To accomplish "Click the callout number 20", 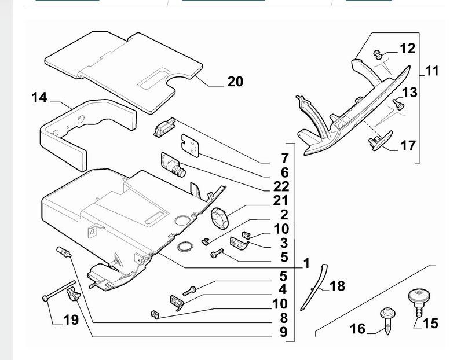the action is click(235, 82).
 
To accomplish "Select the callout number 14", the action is click(39, 98).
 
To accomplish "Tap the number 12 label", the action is click(408, 49).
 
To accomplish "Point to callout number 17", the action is click(408, 146).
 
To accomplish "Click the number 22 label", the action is click(281, 186).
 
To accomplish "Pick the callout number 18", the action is click(337, 286).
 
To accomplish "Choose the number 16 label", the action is click(357, 329).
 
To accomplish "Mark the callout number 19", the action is click(71, 319).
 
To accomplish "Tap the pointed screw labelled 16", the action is click(386, 321).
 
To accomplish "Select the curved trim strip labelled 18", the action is click(314, 287).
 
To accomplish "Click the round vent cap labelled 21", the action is click(219, 219).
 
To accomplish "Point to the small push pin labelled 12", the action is click(378, 54).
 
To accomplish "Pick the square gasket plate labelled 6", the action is click(191, 145).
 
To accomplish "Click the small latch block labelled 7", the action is click(164, 127).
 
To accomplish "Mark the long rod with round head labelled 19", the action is click(59, 291).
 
